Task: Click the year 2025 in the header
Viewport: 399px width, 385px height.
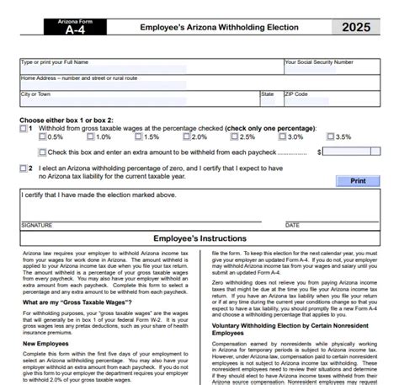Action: (x=360, y=28)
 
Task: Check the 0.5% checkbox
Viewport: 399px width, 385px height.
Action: (x=43, y=137)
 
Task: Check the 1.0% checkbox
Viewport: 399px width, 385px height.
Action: (x=91, y=137)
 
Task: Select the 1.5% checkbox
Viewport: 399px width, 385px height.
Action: (x=139, y=137)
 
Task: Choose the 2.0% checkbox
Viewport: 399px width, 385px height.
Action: (x=187, y=137)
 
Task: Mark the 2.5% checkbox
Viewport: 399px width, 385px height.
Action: (x=235, y=137)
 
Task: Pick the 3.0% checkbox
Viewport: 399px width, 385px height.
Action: (x=283, y=137)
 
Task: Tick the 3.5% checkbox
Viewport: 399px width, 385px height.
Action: (x=331, y=137)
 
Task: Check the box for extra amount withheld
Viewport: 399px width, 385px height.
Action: (x=43, y=152)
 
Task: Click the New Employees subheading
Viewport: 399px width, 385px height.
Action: (x=45, y=344)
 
